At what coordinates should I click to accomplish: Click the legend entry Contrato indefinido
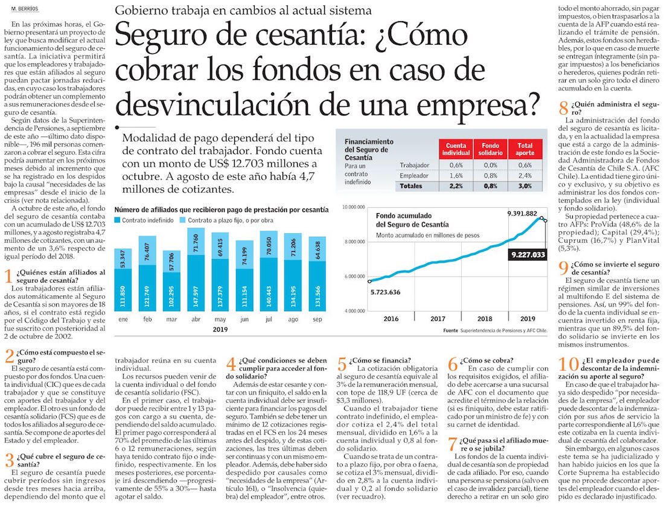pyautogui.click(x=145, y=220)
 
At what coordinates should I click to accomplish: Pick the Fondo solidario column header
pyautogui.click(x=490, y=150)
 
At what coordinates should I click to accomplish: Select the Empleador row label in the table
pyautogui.click(x=414, y=175)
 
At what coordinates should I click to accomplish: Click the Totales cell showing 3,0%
pyautogui.click(x=525, y=186)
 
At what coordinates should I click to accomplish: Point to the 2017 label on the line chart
pyautogui.click(x=438, y=318)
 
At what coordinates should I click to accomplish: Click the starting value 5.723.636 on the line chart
pyautogui.click(x=391, y=292)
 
